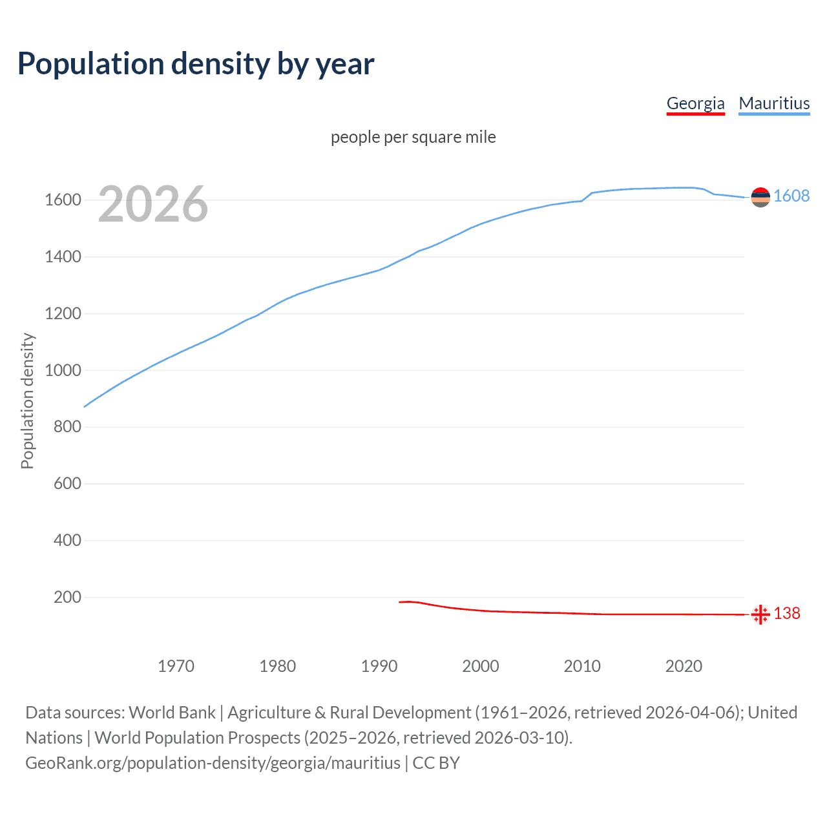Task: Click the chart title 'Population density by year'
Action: tap(196, 64)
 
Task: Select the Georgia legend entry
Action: tap(695, 103)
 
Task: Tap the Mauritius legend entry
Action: tap(774, 103)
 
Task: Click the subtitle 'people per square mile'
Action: tap(413, 137)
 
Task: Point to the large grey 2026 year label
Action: tap(153, 204)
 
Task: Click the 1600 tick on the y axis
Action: tap(63, 200)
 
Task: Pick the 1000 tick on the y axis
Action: tap(63, 370)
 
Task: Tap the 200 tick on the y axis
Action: tap(67, 597)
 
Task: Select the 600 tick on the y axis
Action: tap(67, 483)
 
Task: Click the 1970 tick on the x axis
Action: tap(176, 666)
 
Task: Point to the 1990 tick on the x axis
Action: tap(379, 666)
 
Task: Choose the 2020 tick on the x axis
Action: tap(684, 666)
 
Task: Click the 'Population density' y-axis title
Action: tap(27, 401)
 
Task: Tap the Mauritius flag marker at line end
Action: tap(760, 197)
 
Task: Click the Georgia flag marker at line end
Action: tap(760, 614)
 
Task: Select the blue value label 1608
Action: tap(791, 196)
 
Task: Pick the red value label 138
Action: tap(787, 613)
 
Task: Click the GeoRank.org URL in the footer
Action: tap(213, 763)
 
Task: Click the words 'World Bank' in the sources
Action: tap(172, 713)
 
